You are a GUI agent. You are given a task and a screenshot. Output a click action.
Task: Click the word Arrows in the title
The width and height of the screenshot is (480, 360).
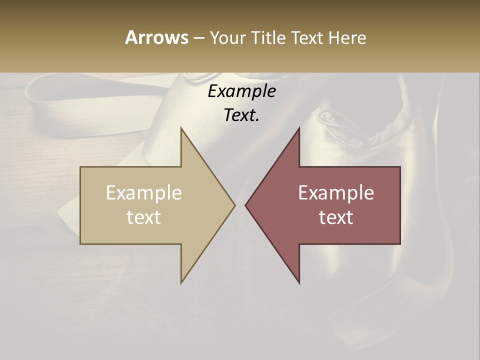tap(156, 37)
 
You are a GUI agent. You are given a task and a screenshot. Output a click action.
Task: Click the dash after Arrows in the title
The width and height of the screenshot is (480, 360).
tap(198, 38)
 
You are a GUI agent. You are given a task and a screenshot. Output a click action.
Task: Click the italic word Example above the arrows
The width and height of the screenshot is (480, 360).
tap(241, 91)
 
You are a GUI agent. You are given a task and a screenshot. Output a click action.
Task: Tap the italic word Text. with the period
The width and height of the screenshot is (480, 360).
tap(241, 115)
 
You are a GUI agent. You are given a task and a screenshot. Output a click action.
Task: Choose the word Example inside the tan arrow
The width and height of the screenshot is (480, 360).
tap(144, 193)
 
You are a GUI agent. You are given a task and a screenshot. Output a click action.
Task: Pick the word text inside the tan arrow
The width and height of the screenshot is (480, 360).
tap(144, 217)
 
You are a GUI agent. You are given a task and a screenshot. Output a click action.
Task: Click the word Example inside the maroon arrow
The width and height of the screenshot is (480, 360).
tap(336, 193)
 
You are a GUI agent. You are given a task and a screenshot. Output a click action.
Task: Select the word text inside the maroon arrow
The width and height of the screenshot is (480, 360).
tap(336, 217)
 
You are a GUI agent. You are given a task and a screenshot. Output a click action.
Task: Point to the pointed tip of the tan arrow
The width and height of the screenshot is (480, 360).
tap(234, 205)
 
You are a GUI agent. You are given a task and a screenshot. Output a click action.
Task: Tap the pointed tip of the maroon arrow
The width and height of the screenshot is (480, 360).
tap(246, 205)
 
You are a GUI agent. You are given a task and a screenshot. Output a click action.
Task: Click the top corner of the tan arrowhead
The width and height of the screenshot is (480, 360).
tap(181, 128)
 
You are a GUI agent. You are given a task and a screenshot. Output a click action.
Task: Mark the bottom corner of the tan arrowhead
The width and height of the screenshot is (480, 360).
tap(181, 282)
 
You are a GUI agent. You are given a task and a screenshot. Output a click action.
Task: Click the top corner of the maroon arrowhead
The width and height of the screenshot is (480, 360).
tap(299, 128)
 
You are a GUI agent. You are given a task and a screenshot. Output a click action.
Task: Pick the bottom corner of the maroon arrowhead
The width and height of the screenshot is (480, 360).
tap(299, 282)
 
